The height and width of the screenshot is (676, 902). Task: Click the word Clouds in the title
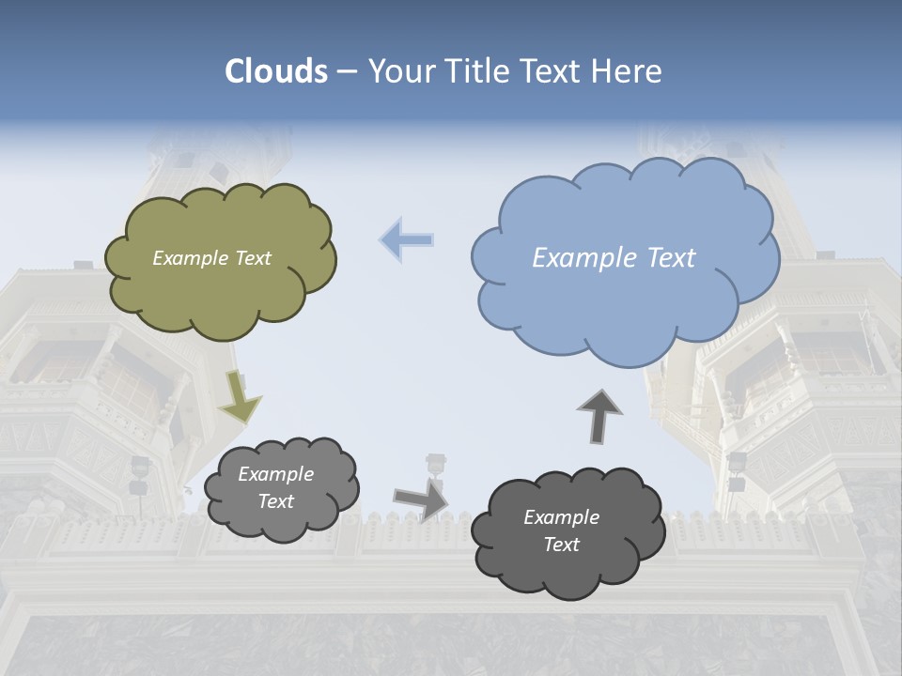[x=275, y=71]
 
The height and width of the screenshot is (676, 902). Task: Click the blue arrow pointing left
[x=407, y=240]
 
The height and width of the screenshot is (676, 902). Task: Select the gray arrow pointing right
[x=420, y=500]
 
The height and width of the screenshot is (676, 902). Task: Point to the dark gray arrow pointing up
[x=599, y=416]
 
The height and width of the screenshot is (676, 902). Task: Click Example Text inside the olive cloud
[x=211, y=258]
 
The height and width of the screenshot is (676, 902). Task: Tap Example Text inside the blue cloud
[x=614, y=258]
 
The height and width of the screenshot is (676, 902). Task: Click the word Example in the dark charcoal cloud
[x=561, y=517]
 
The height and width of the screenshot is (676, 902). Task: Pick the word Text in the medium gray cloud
[x=276, y=501]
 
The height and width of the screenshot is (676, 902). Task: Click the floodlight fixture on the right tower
[x=737, y=467]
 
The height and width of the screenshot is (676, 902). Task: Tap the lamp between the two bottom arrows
[x=435, y=466]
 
